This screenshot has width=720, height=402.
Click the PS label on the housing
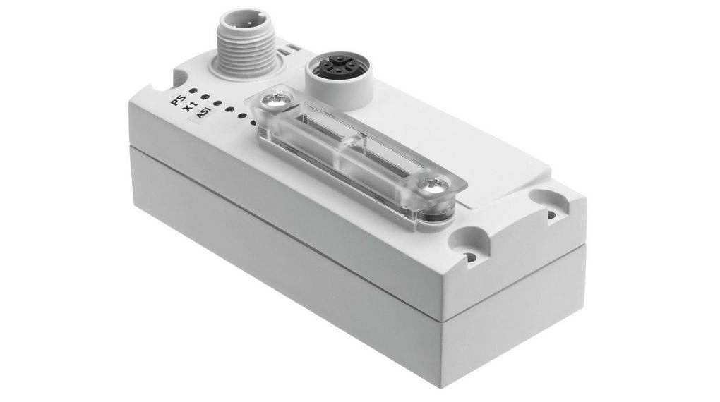[179, 99]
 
